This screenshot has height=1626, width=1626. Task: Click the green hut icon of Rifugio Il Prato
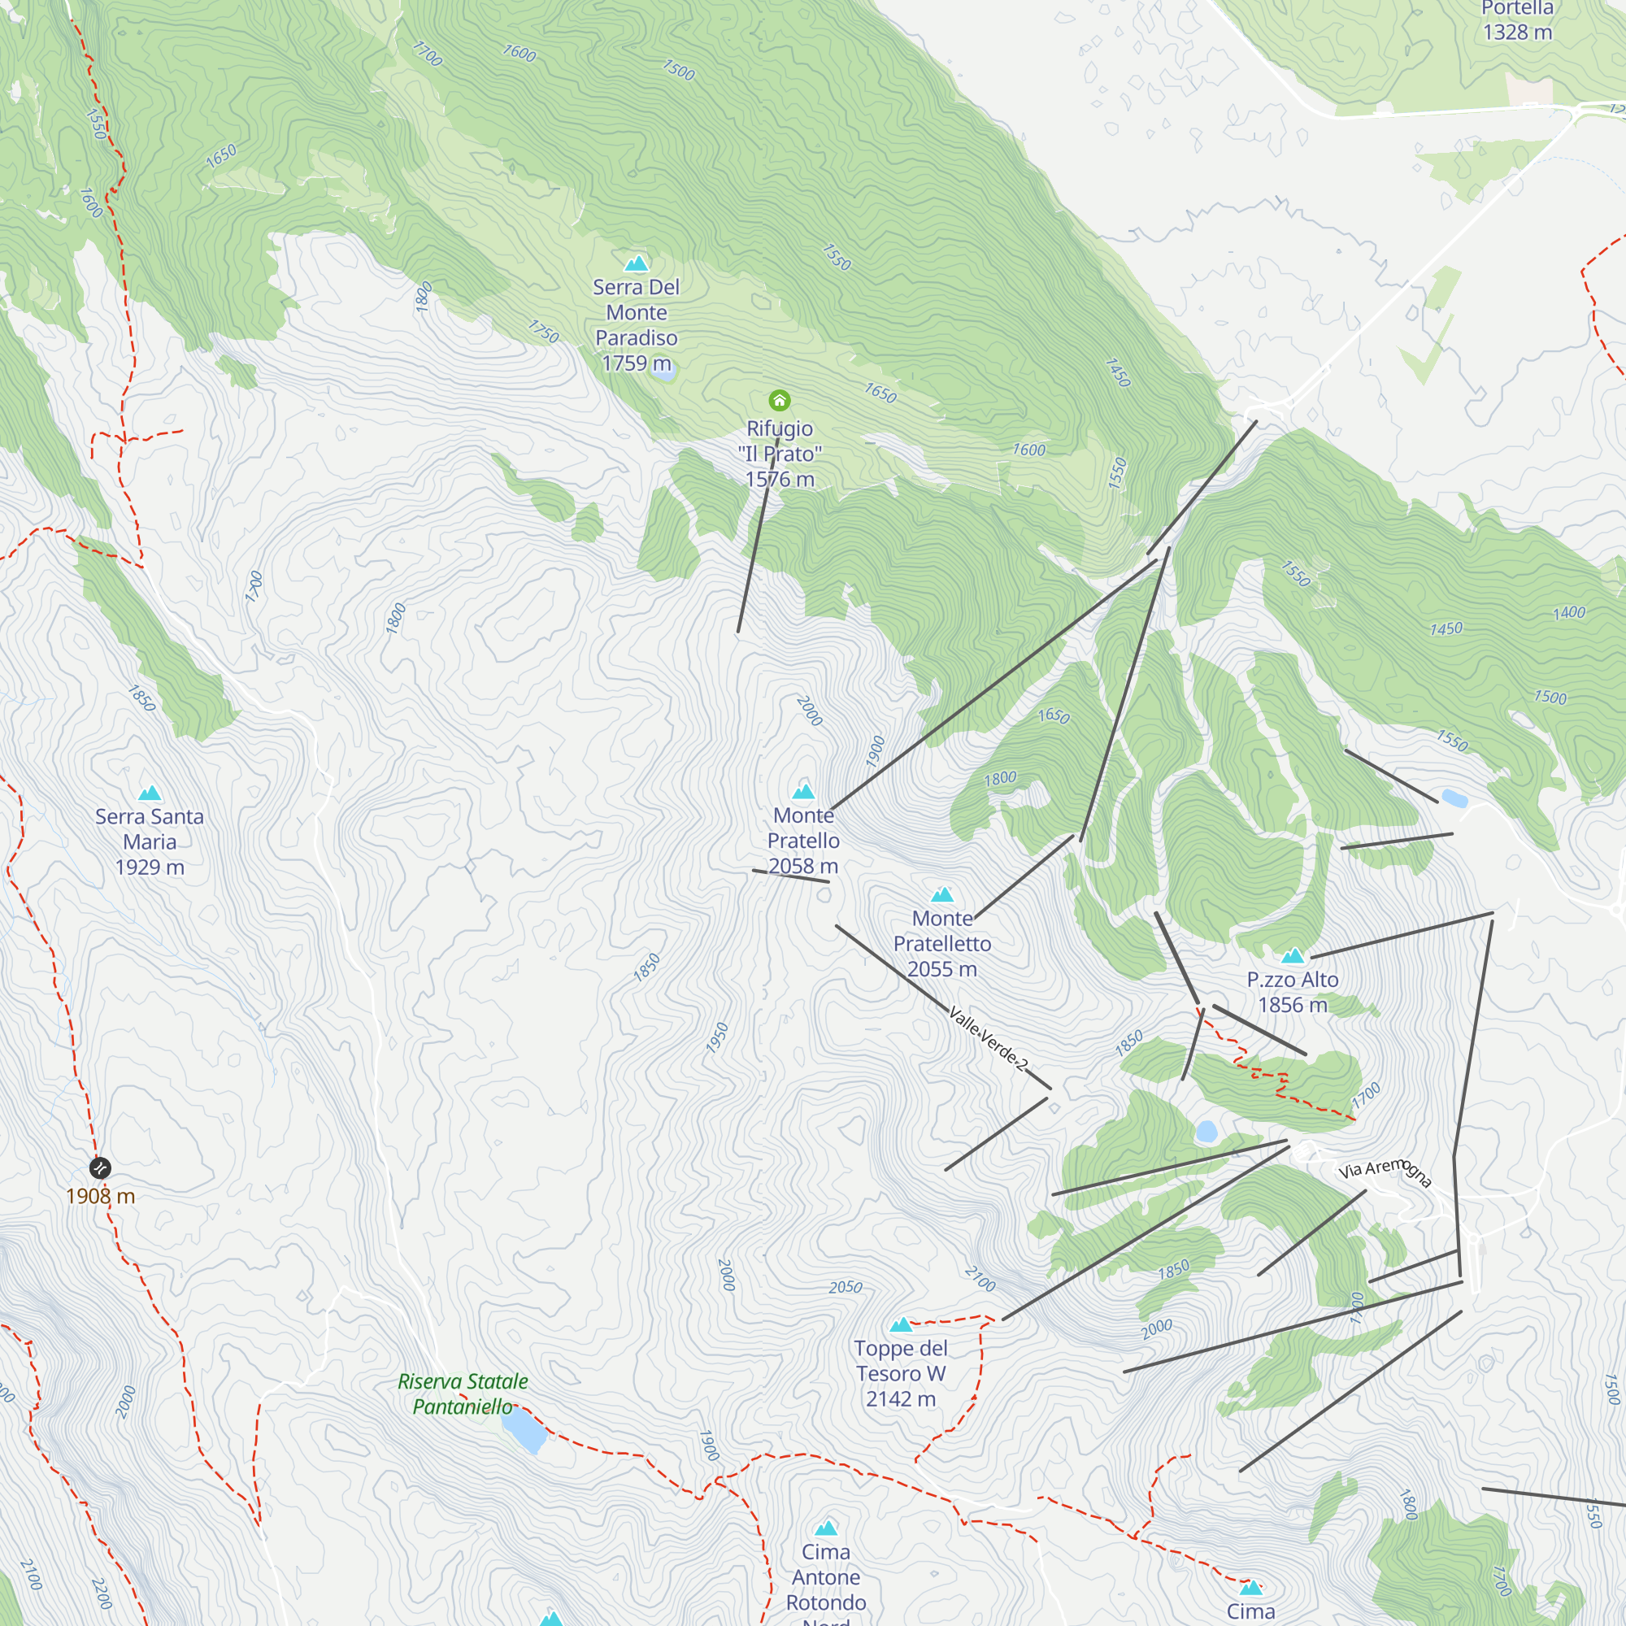[x=780, y=400]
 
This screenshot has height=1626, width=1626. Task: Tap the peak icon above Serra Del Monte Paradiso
[x=637, y=263]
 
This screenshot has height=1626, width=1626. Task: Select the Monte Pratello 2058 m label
[x=804, y=841]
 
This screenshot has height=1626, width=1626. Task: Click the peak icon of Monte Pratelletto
[x=941, y=894]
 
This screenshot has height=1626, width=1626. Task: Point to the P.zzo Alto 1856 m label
[x=1292, y=992]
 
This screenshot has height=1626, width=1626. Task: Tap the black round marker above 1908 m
[x=100, y=1167]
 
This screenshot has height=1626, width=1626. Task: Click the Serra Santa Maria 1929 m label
[x=150, y=841]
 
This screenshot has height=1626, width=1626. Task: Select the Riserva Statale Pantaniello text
[x=463, y=1393]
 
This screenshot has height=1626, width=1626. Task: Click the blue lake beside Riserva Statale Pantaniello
[x=524, y=1430]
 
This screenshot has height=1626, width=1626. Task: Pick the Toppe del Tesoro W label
[x=901, y=1361]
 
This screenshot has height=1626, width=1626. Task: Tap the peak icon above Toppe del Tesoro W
[x=901, y=1324]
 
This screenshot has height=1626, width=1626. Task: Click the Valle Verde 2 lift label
[x=987, y=1038]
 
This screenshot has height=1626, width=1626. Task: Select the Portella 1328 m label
[x=1516, y=21]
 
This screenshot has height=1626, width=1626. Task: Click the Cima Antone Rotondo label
[x=826, y=1577]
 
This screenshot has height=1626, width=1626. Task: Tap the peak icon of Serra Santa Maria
[x=150, y=793]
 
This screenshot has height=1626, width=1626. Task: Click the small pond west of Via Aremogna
[x=1206, y=1132]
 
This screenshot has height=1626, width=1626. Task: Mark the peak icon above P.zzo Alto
[x=1293, y=955]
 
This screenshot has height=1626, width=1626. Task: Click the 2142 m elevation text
[x=901, y=1398]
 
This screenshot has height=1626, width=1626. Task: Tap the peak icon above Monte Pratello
[x=804, y=791]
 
